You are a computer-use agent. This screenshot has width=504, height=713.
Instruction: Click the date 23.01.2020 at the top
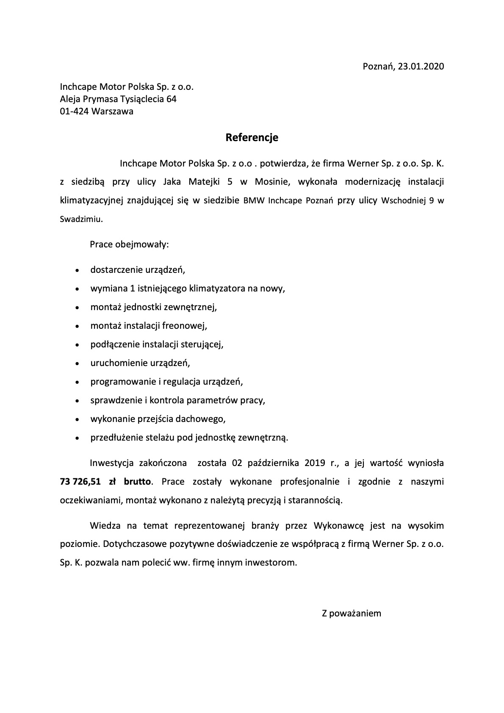point(421,67)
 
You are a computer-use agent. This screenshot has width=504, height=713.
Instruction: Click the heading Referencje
point(252,138)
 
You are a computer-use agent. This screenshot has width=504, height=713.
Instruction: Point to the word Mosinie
point(272,182)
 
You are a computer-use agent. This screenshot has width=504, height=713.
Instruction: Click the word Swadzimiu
point(81,219)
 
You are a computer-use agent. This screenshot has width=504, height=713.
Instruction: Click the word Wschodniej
point(404,201)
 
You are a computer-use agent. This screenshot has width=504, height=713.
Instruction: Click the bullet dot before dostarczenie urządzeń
point(77,270)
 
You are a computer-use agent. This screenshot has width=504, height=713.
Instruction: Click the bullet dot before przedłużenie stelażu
point(77,438)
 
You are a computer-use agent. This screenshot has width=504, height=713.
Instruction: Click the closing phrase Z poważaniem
point(352,613)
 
